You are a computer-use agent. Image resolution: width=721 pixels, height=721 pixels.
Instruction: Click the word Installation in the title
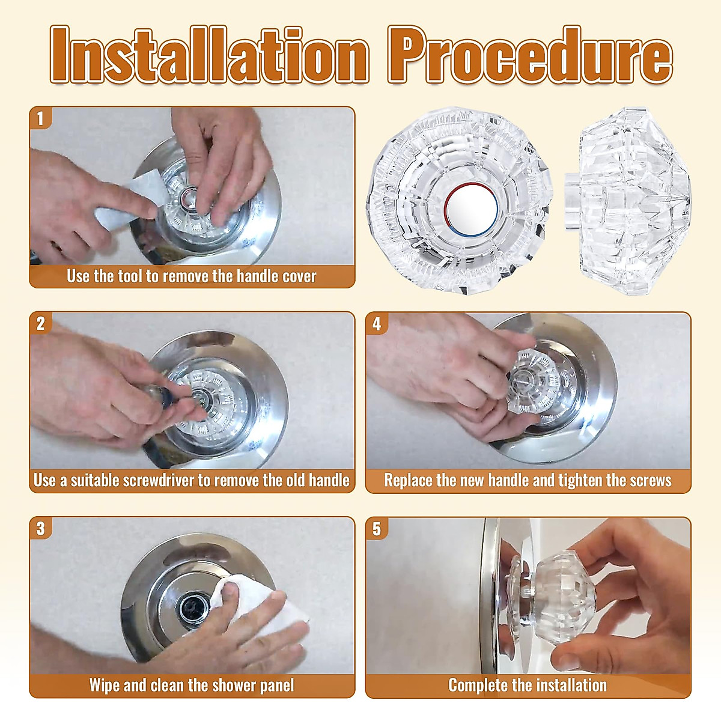click(x=209, y=55)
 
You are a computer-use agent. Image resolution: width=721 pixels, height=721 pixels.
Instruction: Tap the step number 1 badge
click(x=41, y=118)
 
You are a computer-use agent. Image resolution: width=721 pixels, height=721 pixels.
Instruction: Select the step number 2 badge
click(x=41, y=323)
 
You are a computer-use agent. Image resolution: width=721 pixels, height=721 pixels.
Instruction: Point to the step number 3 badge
click(x=41, y=529)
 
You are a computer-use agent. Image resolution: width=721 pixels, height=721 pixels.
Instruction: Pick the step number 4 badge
click(x=377, y=323)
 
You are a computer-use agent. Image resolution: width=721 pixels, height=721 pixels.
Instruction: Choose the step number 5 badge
click(x=377, y=529)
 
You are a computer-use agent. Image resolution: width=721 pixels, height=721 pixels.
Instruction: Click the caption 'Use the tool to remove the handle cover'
click(x=191, y=276)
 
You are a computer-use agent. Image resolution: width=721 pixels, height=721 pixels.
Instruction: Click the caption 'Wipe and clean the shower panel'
click(x=191, y=686)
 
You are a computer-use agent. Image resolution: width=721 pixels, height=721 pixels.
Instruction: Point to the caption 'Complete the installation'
click(x=528, y=686)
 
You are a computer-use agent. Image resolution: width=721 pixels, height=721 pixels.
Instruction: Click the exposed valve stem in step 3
click(x=196, y=601)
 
